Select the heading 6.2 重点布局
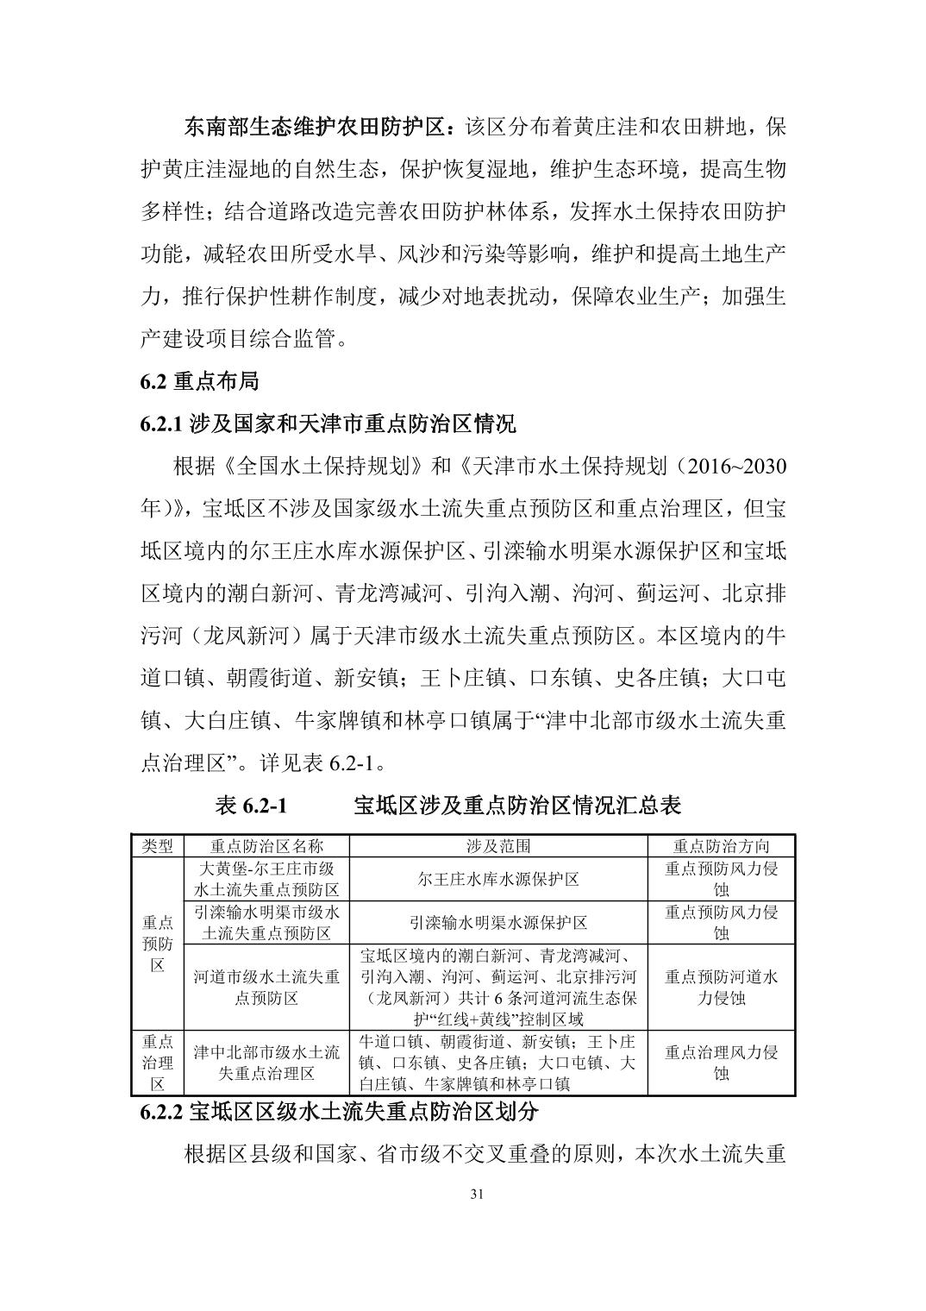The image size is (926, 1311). tap(199, 380)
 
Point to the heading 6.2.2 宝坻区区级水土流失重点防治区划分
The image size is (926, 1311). tap(340, 1113)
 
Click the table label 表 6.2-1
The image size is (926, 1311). tap(250, 806)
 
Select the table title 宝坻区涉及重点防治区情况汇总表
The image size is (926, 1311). tap(517, 806)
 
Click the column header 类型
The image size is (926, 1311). tap(158, 845)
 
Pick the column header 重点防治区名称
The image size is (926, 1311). tap(266, 845)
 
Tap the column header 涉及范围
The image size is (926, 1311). tap(498, 845)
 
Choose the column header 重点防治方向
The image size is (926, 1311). tap(721, 845)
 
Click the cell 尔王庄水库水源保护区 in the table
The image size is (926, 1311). tap(498, 879)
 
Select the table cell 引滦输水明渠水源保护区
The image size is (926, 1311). tap(498, 922)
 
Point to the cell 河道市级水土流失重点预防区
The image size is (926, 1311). tap(266, 988)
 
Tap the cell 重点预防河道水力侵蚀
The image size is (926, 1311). tap(721, 988)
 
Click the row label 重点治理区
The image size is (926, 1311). tap(158, 1063)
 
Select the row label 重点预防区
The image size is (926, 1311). tap(158, 944)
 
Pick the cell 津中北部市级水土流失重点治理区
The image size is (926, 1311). tap(266, 1063)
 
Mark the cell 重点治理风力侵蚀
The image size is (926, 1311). tap(721, 1063)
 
